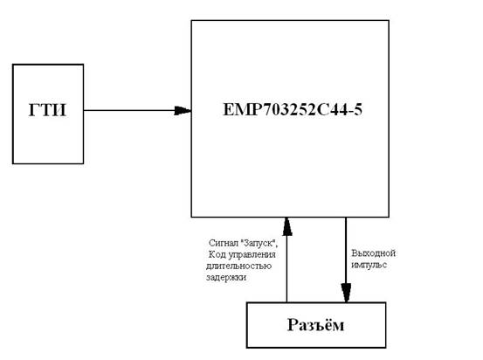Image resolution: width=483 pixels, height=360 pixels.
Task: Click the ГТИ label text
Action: click(x=47, y=110)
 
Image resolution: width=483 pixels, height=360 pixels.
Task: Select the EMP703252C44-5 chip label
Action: click(x=293, y=110)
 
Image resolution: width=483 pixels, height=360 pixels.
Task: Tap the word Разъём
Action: click(x=315, y=324)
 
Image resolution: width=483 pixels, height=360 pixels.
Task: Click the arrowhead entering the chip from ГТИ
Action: click(x=183, y=111)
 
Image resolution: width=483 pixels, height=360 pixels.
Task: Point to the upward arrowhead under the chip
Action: click(x=287, y=226)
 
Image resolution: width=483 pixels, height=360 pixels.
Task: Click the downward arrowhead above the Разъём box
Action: click(x=346, y=293)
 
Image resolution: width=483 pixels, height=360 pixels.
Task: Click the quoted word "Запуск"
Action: click(x=258, y=243)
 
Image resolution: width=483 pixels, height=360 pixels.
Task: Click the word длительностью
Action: click(x=238, y=266)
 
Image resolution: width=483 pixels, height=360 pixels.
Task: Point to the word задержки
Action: click(x=226, y=277)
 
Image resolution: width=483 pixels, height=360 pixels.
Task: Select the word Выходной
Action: click(x=373, y=253)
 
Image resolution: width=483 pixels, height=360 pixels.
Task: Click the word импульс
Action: click(x=369, y=265)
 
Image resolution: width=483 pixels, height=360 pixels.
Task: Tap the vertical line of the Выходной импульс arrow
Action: click(x=346, y=260)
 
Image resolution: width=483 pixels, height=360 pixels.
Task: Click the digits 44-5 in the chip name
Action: click(x=346, y=110)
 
